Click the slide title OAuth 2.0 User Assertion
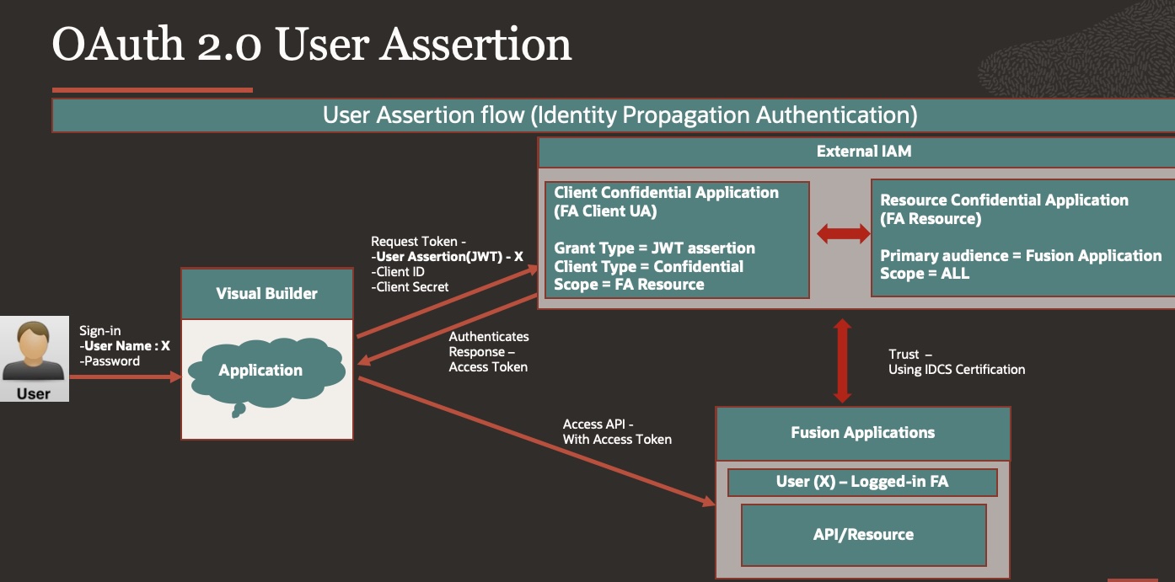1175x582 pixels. [312, 44]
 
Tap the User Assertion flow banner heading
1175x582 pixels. [620, 115]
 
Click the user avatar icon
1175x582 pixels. [34, 352]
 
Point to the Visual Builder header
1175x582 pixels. [267, 293]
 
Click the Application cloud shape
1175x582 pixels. [260, 371]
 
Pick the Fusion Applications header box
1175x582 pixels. [862, 433]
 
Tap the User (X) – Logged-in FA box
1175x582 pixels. [862, 482]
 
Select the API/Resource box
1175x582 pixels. [862, 534]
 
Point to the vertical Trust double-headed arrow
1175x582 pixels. [841, 360]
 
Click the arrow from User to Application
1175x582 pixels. [125, 377]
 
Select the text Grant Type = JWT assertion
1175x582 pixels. [654, 248]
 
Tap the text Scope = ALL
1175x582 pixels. [925, 274]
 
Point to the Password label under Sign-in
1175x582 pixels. [110, 360]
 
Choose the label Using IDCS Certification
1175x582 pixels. [957, 369]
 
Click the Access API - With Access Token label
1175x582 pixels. [617, 431]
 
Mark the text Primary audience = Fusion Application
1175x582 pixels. [1021, 255]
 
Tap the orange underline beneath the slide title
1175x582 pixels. [152, 89]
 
